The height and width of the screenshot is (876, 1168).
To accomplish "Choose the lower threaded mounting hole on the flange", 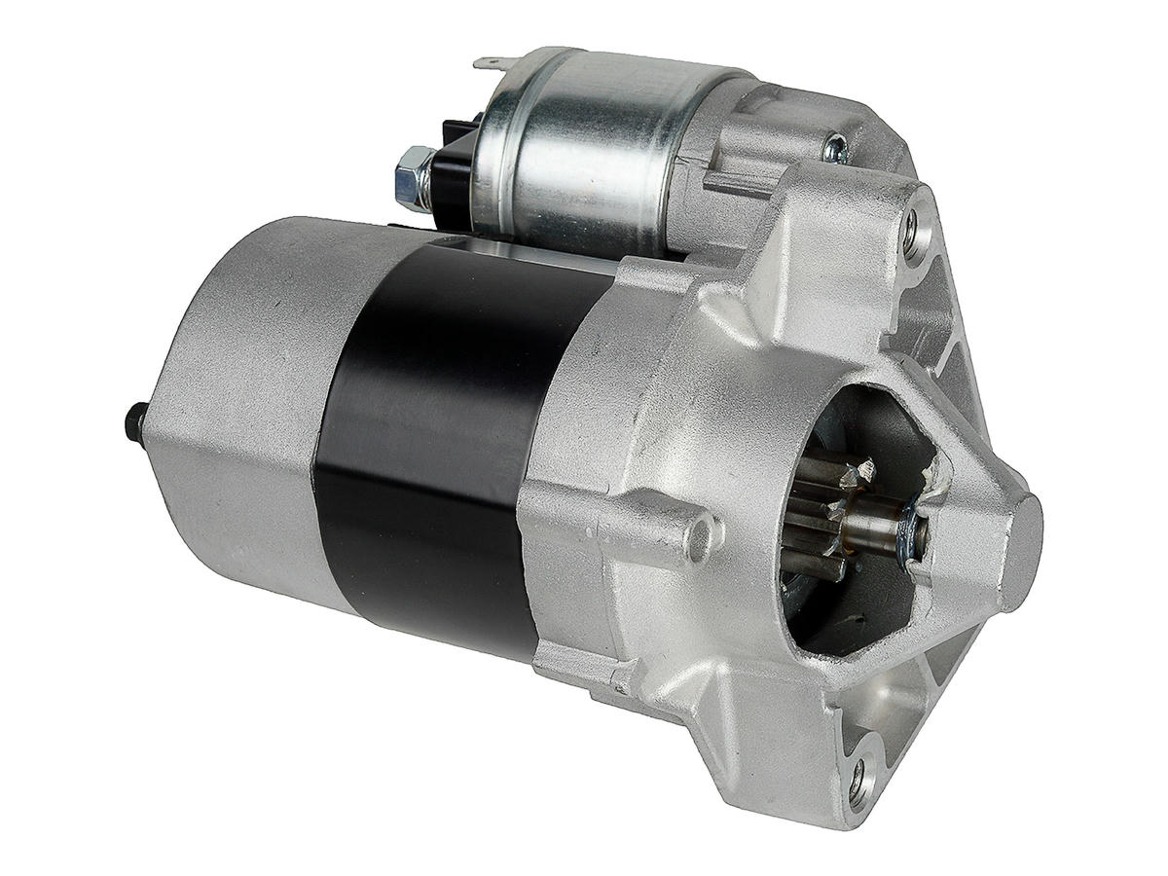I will click(860, 778).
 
